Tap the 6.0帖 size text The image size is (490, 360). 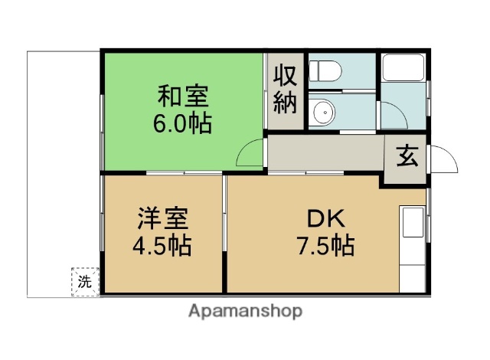coord(183,123)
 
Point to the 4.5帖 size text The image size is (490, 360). coord(160,246)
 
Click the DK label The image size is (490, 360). coord(325,220)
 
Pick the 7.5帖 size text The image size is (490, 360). coord(325,246)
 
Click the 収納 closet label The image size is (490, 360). coord(286,90)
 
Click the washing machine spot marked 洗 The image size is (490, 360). coord(85,281)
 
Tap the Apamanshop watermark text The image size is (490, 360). coord(244,311)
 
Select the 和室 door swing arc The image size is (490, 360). coord(250,154)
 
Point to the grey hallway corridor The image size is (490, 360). coord(325,154)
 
